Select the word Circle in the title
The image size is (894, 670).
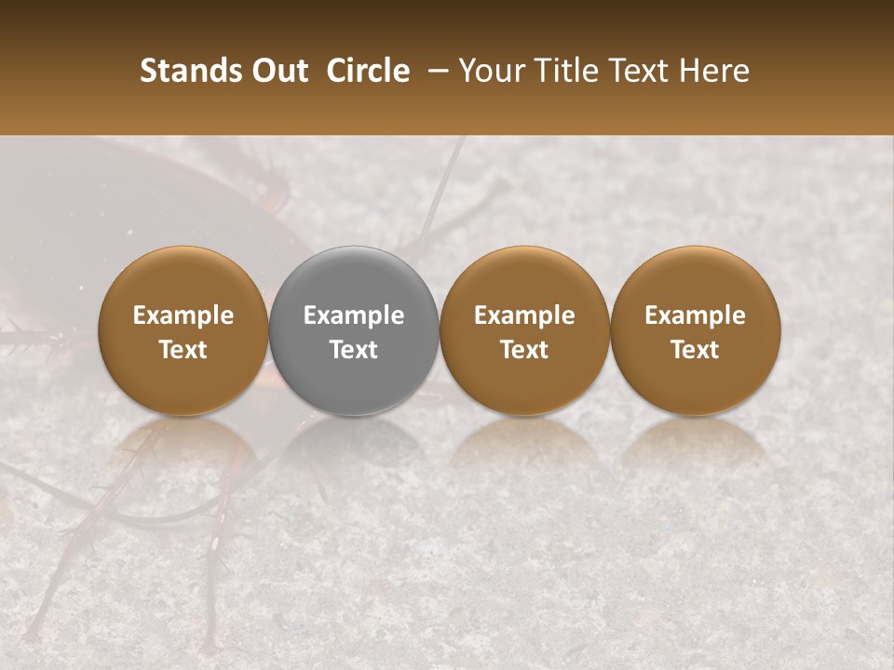coord(369,71)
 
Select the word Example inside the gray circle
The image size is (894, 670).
coord(354,315)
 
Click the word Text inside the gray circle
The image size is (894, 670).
coord(354,350)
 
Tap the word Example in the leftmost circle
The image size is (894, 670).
coord(183,315)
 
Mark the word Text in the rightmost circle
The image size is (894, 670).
coord(696,350)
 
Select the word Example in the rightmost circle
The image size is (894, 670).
coord(696,315)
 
